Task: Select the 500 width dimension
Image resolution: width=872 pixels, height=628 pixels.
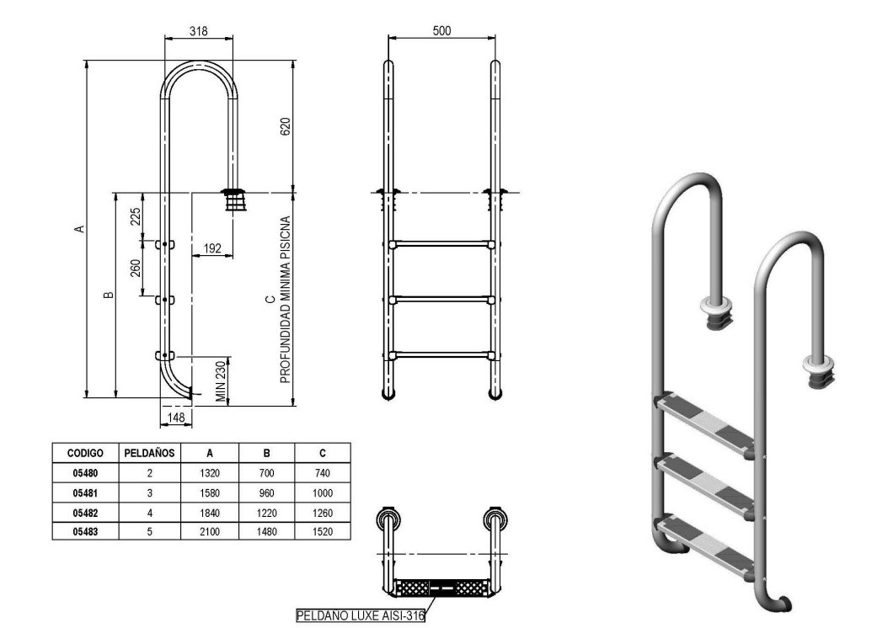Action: (x=441, y=30)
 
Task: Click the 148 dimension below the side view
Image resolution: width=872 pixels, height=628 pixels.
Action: (x=175, y=417)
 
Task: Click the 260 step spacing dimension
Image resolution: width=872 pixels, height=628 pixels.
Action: (x=136, y=269)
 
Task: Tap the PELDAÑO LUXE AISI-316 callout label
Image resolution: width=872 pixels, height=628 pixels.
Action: (x=360, y=615)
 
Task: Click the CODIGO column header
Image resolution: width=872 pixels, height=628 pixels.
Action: (x=84, y=452)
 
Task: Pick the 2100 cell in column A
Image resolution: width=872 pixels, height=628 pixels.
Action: (x=210, y=532)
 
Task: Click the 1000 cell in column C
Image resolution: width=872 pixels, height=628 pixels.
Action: (x=322, y=492)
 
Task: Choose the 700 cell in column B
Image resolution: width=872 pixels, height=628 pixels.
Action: (x=266, y=473)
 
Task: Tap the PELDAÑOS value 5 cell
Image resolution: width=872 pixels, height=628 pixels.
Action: (x=149, y=532)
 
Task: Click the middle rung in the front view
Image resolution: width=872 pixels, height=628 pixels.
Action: (x=441, y=299)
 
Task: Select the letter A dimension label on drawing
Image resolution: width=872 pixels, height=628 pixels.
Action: (x=79, y=228)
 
